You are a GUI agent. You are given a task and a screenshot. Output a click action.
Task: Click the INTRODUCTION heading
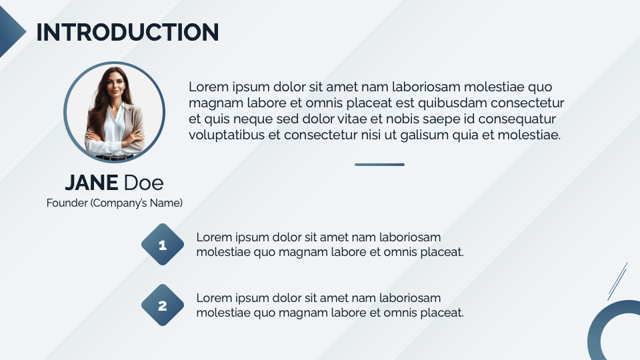point(127,32)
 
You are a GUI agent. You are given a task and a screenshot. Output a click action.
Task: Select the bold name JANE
point(91,182)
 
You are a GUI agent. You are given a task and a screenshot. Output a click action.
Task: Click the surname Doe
point(143,182)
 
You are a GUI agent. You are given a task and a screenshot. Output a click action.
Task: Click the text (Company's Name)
point(136,203)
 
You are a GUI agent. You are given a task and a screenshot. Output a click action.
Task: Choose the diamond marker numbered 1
point(163,245)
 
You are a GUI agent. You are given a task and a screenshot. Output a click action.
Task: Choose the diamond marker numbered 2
point(163,306)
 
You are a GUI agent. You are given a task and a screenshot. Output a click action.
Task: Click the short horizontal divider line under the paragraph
point(379,164)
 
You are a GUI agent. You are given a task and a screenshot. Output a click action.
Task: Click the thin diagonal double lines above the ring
point(617,281)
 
